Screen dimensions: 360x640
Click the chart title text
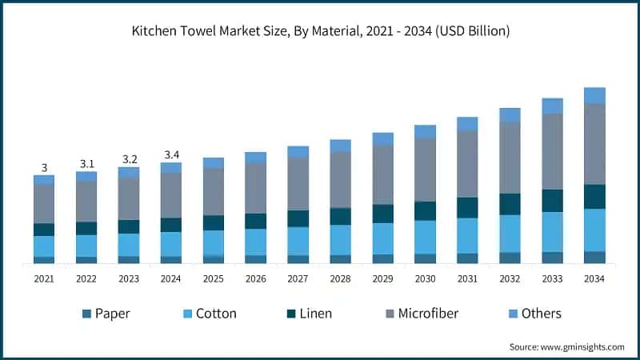point(320,31)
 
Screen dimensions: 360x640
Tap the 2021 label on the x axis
point(44,278)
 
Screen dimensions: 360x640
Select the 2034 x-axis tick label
point(594,278)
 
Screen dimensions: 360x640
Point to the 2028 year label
point(340,278)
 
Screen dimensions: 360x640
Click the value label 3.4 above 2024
point(171,154)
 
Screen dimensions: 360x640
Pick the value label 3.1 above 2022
point(86,163)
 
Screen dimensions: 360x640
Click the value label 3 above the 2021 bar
point(44,167)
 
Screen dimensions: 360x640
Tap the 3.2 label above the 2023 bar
point(129,158)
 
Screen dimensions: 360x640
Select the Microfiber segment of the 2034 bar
point(594,144)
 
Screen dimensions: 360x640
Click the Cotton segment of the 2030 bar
point(425,237)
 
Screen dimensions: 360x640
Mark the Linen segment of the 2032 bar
point(510,204)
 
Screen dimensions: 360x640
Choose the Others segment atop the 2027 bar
point(298,152)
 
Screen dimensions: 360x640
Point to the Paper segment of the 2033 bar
point(552,258)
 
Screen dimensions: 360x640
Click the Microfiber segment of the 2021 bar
point(44,204)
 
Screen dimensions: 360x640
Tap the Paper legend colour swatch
point(86,314)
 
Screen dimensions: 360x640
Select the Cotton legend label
point(216,314)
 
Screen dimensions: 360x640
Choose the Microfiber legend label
point(429,314)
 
